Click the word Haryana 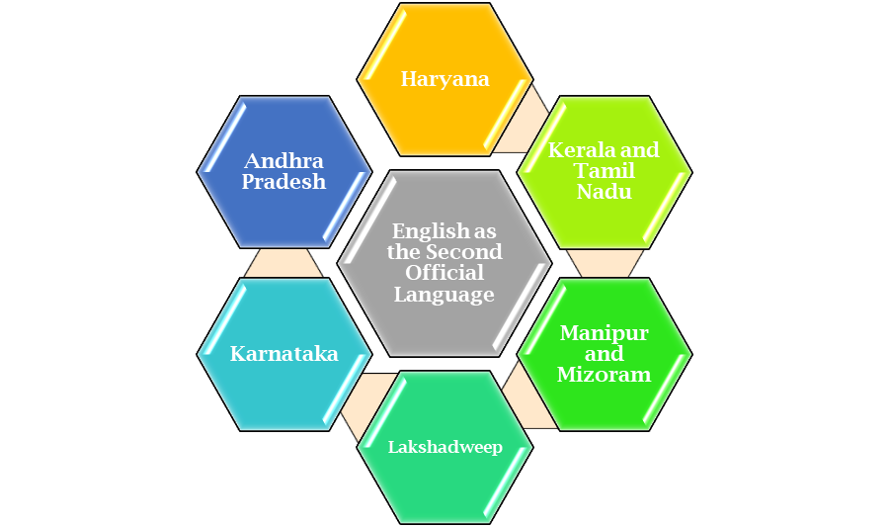pyautogui.click(x=444, y=79)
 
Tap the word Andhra pyautogui.click(x=284, y=161)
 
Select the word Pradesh pyautogui.click(x=284, y=182)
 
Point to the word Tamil pyautogui.click(x=605, y=171)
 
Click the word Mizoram pyautogui.click(x=604, y=375)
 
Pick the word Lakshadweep pyautogui.click(x=444, y=447)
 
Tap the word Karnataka pyautogui.click(x=284, y=354)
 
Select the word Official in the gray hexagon pyautogui.click(x=444, y=273)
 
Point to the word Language pyautogui.click(x=444, y=294)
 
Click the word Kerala pyautogui.click(x=577, y=150)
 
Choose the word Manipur pyautogui.click(x=604, y=333)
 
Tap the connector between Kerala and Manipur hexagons pyautogui.click(x=605, y=262)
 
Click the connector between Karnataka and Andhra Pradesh pyautogui.click(x=284, y=262)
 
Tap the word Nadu pyautogui.click(x=605, y=192)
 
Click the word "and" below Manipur pyautogui.click(x=604, y=354)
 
